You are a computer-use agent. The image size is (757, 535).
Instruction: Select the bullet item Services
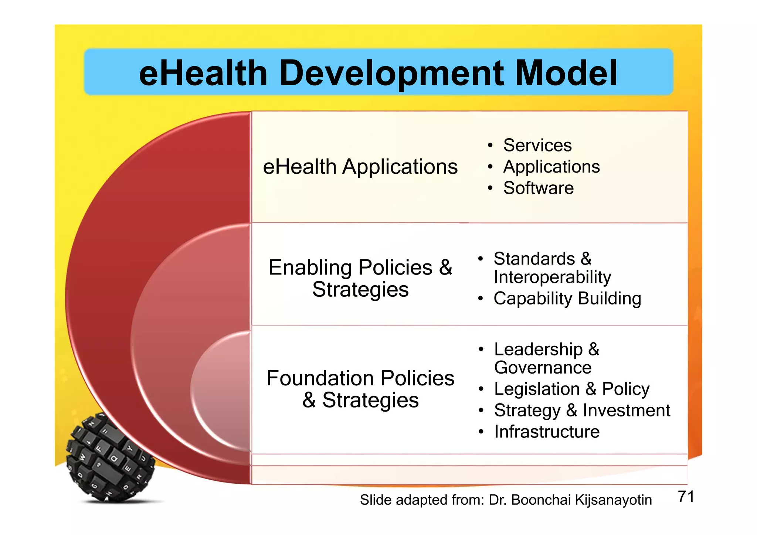(537, 145)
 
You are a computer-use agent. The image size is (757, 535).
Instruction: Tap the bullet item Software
(538, 188)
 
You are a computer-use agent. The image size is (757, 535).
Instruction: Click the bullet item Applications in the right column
(551, 167)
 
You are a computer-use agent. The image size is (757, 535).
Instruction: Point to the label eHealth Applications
(360, 167)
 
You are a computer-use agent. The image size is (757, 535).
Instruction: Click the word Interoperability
(552, 277)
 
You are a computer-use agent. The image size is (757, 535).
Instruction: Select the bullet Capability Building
(567, 298)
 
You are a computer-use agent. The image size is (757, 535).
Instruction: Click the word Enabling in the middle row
(310, 267)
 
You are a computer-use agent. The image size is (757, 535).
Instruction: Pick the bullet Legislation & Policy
(571, 389)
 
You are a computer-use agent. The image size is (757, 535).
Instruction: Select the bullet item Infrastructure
(547, 432)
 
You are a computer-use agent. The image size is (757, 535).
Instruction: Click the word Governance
(543, 368)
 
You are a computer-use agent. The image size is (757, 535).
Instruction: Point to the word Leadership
(538, 349)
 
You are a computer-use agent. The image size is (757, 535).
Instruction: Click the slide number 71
(686, 497)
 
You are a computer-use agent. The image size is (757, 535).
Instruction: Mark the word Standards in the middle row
(534, 259)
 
